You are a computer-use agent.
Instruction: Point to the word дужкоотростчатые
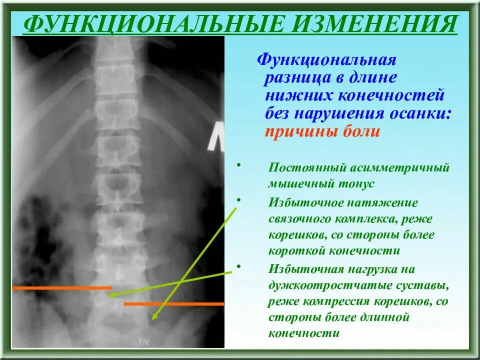pyautogui.click(x=328, y=286)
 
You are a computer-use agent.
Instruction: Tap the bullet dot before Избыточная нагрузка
pyautogui.click(x=238, y=266)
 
